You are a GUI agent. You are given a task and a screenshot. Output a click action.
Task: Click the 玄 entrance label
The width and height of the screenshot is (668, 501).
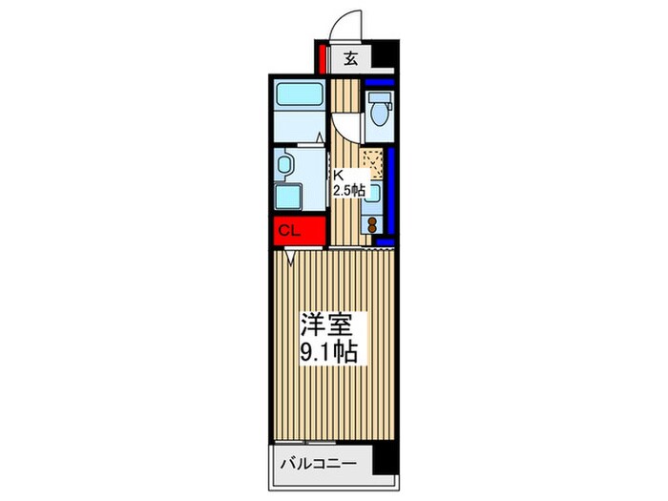click(350, 59)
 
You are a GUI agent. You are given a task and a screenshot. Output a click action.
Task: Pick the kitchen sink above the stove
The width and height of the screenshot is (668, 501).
click(374, 193)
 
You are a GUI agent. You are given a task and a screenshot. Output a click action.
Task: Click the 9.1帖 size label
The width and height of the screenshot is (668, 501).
click(330, 354)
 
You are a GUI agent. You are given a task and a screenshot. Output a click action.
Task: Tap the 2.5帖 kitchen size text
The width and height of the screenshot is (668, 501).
click(348, 191)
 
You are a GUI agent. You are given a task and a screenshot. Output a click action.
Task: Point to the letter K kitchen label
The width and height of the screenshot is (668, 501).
click(337, 175)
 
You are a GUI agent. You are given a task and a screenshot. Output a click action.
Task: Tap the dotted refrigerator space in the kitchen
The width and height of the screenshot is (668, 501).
click(373, 164)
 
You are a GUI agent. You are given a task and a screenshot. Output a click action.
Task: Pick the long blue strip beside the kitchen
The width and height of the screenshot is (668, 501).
click(389, 196)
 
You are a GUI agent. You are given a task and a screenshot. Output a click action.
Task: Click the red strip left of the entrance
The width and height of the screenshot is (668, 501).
click(323, 59)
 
